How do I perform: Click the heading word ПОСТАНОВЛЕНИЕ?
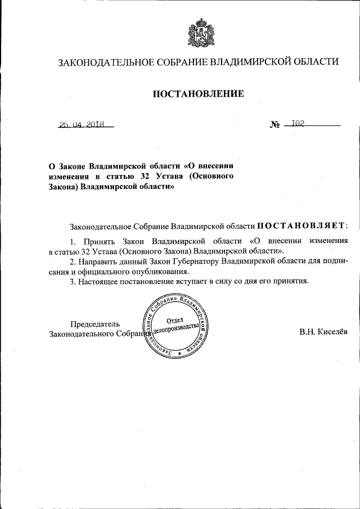coord(198,94)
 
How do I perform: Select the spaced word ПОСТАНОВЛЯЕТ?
coord(302,226)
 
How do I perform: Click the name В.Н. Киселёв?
coord(323,332)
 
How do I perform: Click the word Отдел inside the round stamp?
coord(178,320)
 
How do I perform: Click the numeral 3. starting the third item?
coord(73,281)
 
